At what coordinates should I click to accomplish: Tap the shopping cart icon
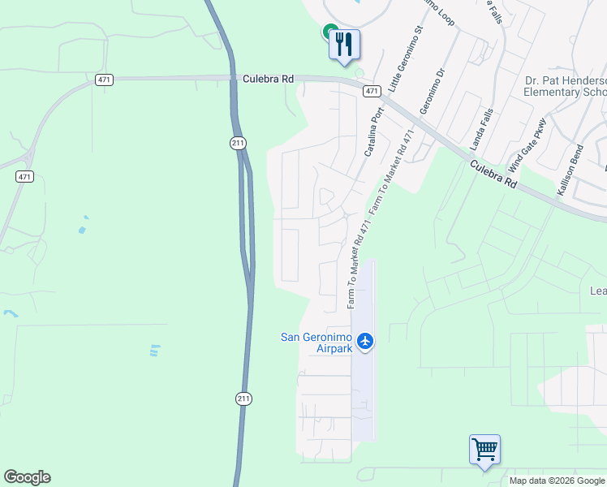pos(484,450)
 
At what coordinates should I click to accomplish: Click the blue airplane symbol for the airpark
pos(365,341)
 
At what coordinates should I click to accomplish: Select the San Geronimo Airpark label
pos(317,343)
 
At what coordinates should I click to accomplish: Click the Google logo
pos(27,477)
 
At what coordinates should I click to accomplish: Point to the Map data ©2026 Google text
pos(557,481)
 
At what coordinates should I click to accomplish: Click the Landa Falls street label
pos(481,129)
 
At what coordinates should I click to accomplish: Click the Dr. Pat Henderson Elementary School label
pos(565,86)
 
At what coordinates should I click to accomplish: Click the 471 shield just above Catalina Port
pos(372,91)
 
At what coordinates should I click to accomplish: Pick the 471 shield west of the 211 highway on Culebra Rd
pos(103,80)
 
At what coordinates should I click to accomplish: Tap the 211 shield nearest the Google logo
pos(244,399)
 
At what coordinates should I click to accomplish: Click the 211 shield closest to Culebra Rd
pos(236,144)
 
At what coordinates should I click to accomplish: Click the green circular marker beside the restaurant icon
pos(329,32)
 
